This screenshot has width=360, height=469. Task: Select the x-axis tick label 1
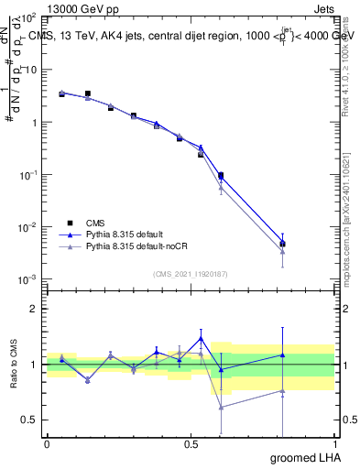334,444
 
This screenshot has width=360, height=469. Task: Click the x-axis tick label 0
47,444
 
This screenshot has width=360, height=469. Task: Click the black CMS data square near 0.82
283,245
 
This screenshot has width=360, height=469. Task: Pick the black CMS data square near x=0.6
221,175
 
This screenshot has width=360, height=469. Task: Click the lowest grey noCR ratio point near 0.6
221,407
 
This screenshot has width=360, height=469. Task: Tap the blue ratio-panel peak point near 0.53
201,338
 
